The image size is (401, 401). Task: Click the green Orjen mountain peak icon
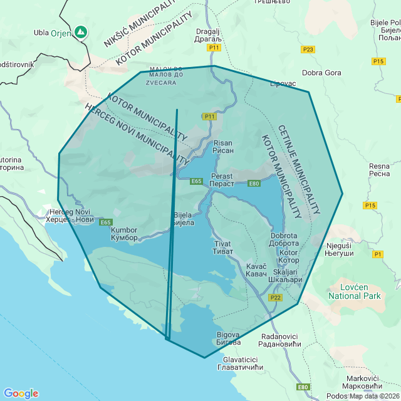click(x=80, y=31)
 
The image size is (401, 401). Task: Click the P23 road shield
click(x=308, y=49)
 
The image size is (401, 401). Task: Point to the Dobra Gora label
click(x=321, y=73)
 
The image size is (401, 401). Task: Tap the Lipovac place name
click(x=283, y=83)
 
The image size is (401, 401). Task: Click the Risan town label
click(x=223, y=147)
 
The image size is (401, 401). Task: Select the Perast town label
click(x=222, y=180)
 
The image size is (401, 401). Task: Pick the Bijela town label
click(x=183, y=219)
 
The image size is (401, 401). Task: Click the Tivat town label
click(x=222, y=247)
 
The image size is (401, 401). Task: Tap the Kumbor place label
click(x=123, y=234)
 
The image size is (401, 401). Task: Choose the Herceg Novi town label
click(x=69, y=216)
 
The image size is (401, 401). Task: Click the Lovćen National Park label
click(x=355, y=290)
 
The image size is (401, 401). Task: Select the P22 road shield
click(x=276, y=298)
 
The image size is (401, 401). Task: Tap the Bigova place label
click(x=228, y=338)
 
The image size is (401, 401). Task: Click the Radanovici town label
click(x=279, y=340)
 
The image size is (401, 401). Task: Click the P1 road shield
click(x=377, y=254)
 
